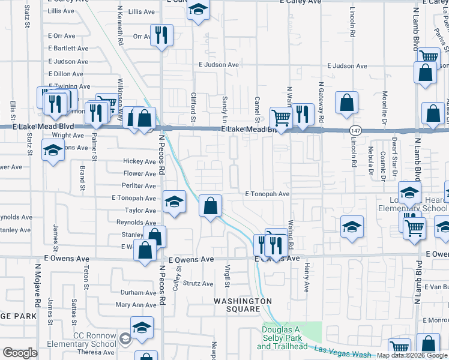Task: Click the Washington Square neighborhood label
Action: (244, 305)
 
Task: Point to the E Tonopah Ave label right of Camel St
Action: (267, 194)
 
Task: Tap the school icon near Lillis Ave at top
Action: (197, 10)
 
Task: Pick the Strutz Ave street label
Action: (198, 284)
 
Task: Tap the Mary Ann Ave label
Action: (136, 305)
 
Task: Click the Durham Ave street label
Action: (138, 293)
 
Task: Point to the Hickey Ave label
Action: (139, 161)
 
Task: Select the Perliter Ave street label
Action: (139, 186)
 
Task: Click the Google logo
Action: (20, 353)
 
